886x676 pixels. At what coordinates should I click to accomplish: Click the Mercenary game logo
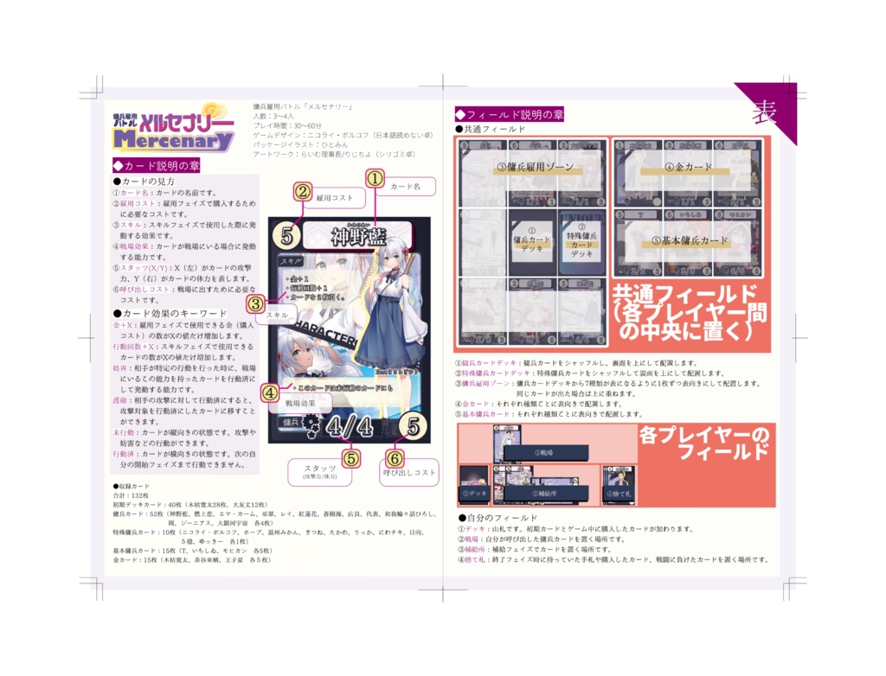[174, 129]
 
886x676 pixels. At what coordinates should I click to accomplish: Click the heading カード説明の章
[157, 165]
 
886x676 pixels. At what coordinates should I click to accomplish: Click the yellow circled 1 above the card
[374, 178]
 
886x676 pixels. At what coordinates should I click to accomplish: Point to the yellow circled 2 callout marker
[302, 192]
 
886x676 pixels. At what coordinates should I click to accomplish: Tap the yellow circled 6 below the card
[395, 458]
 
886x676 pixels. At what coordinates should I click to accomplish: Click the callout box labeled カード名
[406, 186]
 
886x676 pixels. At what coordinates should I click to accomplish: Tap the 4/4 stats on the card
[350, 428]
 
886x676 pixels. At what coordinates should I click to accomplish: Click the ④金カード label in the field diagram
[688, 167]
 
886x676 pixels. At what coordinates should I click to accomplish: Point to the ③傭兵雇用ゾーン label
[535, 167]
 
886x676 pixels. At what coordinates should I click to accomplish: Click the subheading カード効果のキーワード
[170, 313]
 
